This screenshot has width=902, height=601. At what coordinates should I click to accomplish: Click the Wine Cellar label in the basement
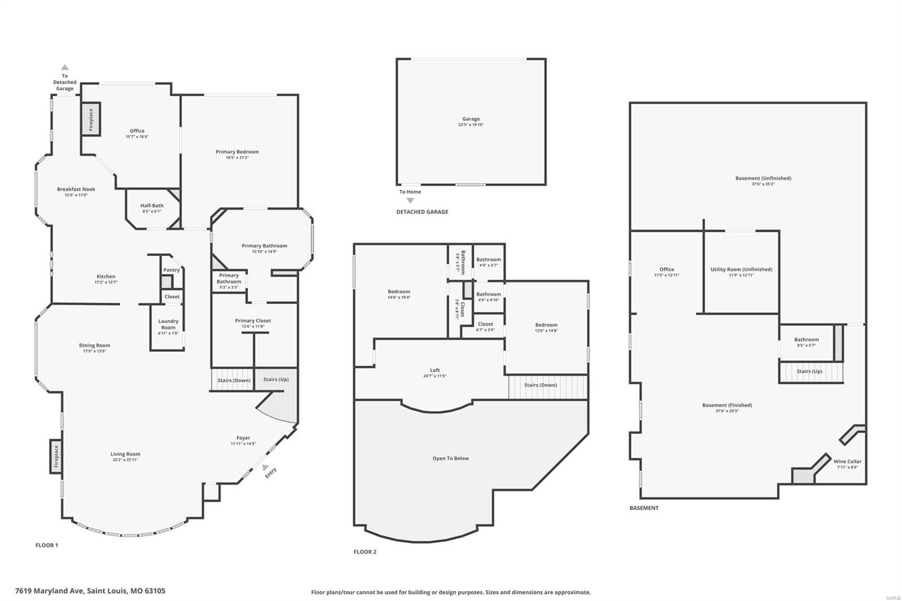pos(847,461)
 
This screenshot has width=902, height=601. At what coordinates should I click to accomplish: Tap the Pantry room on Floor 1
pos(171,270)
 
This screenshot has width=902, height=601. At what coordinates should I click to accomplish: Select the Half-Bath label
pos(152,206)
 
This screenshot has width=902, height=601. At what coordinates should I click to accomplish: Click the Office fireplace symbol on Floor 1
pos(91,119)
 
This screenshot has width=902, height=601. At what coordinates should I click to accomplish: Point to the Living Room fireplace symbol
pos(56,457)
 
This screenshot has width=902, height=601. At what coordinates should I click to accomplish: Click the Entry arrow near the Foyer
pos(265,467)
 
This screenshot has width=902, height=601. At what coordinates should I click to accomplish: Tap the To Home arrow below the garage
pos(410,201)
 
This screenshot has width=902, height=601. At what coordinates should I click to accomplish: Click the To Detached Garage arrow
pos(65,67)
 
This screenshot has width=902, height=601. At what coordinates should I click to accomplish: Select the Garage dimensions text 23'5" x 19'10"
pos(471,125)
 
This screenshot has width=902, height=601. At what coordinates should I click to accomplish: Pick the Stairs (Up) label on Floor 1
pos(276,379)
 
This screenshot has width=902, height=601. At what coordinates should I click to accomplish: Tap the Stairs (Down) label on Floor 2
pos(540,385)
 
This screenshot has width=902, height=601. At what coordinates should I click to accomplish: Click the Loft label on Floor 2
pos(435,370)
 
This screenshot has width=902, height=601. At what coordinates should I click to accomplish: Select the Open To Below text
pos(450,458)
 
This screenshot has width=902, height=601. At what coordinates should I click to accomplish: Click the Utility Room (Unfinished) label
pos(741,269)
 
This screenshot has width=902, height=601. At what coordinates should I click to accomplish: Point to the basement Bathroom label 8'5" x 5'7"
pos(806,339)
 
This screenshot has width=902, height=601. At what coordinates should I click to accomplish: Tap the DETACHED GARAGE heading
pos(422,212)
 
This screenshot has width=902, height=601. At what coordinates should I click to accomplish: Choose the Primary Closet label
pos(253,321)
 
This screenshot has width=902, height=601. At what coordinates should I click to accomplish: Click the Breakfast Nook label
pos(76,189)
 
